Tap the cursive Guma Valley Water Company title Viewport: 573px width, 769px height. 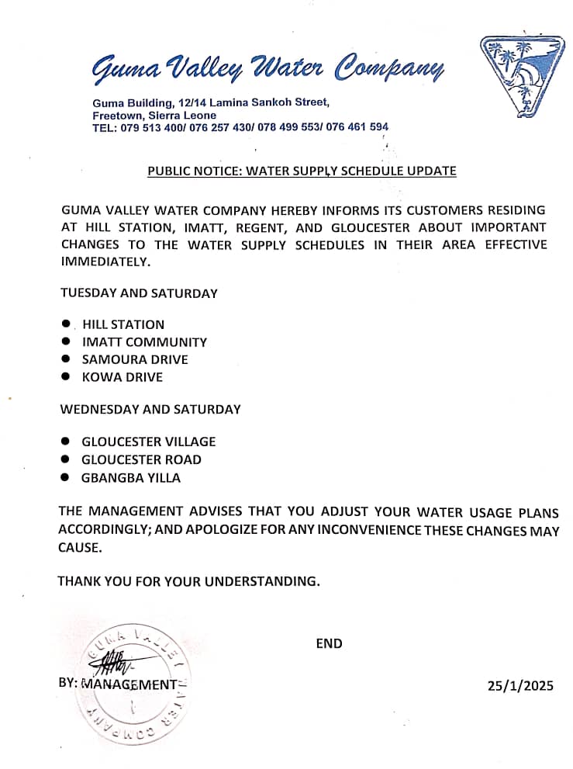[x=268, y=69]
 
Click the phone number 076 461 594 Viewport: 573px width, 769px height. [x=357, y=127]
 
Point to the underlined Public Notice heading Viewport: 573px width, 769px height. [x=302, y=171]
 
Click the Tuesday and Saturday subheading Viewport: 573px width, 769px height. [x=139, y=293]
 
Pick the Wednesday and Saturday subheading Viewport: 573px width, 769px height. [x=150, y=409]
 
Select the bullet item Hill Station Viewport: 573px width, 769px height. [x=123, y=324]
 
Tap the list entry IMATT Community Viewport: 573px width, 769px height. [x=144, y=342]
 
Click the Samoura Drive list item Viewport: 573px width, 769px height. [x=135, y=360]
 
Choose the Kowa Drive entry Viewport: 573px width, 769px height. [x=123, y=377]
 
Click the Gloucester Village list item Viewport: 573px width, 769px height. [x=149, y=442]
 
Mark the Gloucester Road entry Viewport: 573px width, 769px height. [x=141, y=459]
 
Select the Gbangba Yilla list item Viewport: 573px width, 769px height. [x=131, y=478]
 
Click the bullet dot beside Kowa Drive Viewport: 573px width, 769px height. [x=66, y=377]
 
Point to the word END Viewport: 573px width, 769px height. [x=329, y=643]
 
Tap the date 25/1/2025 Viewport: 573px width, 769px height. [x=520, y=685]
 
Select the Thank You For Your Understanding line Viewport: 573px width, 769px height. [x=188, y=580]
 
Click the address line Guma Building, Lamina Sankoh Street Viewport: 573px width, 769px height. [x=211, y=103]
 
